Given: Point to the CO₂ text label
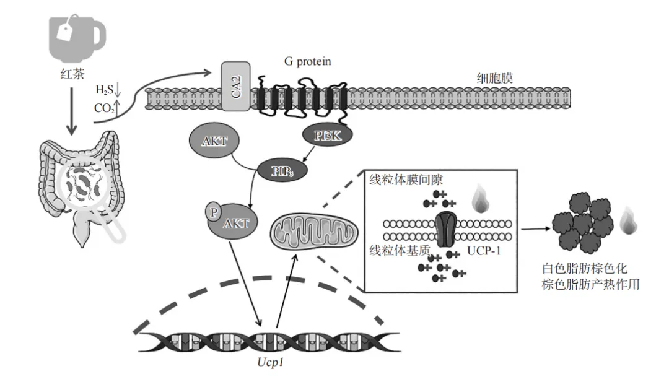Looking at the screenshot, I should tap(103, 108).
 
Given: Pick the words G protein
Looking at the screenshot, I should tap(307, 62).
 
